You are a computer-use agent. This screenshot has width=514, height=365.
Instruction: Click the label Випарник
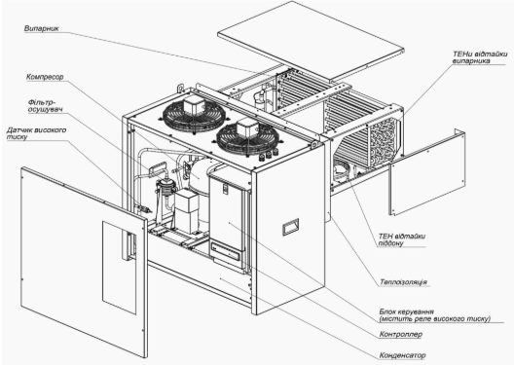coord(42,28)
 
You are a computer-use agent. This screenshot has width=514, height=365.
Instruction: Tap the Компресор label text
coord(45,77)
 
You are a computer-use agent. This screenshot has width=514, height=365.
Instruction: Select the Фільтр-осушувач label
coord(45,105)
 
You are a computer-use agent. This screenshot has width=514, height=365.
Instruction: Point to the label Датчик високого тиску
coord(36,133)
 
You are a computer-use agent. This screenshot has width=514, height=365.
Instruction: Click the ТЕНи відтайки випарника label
coord(480,57)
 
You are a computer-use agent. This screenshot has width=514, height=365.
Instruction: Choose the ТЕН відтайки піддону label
coord(402,239)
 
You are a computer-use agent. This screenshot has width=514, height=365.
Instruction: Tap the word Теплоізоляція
coord(404,282)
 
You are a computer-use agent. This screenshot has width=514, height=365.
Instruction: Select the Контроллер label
coord(400,335)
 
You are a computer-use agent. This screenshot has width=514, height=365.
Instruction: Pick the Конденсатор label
coord(402,355)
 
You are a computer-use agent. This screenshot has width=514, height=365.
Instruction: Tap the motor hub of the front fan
coord(247,127)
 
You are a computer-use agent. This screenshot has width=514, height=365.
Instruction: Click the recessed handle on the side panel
coord(290,227)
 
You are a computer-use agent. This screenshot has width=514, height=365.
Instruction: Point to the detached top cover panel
coord(311,40)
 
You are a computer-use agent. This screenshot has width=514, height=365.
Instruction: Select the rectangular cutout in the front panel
coord(119,268)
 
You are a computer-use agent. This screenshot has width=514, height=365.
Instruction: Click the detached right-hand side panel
coord(427,172)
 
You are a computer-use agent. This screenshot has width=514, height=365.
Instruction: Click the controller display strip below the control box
coord(227,251)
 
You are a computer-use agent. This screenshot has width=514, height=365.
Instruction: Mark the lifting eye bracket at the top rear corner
coord(180,89)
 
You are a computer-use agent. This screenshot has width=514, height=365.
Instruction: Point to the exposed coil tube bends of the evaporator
coord(384,140)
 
